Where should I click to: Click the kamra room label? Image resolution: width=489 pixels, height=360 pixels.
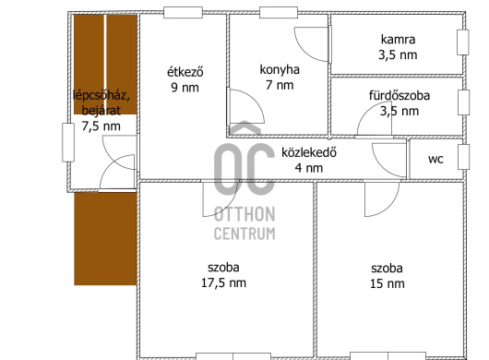click(398, 40)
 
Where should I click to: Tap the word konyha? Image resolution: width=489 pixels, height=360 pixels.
click(280, 70)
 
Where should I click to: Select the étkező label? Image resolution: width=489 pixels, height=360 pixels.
click(185, 72)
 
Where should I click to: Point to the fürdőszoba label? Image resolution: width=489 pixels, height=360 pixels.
click(400, 95)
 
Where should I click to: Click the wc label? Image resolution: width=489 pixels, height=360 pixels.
click(435, 159)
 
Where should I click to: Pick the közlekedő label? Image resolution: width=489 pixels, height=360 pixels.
click(309, 152)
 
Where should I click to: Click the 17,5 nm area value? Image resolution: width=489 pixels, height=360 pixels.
click(223, 283)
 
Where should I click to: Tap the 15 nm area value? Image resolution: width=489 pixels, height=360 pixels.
click(387, 283)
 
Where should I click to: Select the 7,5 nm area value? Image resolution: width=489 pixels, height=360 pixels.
click(101, 126)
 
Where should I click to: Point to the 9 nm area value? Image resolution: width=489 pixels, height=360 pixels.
click(185, 88)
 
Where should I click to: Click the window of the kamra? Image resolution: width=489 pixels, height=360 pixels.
click(463, 42)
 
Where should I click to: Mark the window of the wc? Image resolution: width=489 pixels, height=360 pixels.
click(463, 157)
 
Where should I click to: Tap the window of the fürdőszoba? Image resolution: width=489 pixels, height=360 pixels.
click(463, 102)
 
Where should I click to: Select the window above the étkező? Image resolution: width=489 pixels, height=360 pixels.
click(183, 13)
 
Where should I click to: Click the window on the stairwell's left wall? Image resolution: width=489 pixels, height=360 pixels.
click(68, 142)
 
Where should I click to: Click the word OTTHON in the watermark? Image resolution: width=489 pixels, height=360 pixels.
click(244, 214)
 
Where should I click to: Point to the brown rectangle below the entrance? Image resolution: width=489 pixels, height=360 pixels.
click(105, 239)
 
